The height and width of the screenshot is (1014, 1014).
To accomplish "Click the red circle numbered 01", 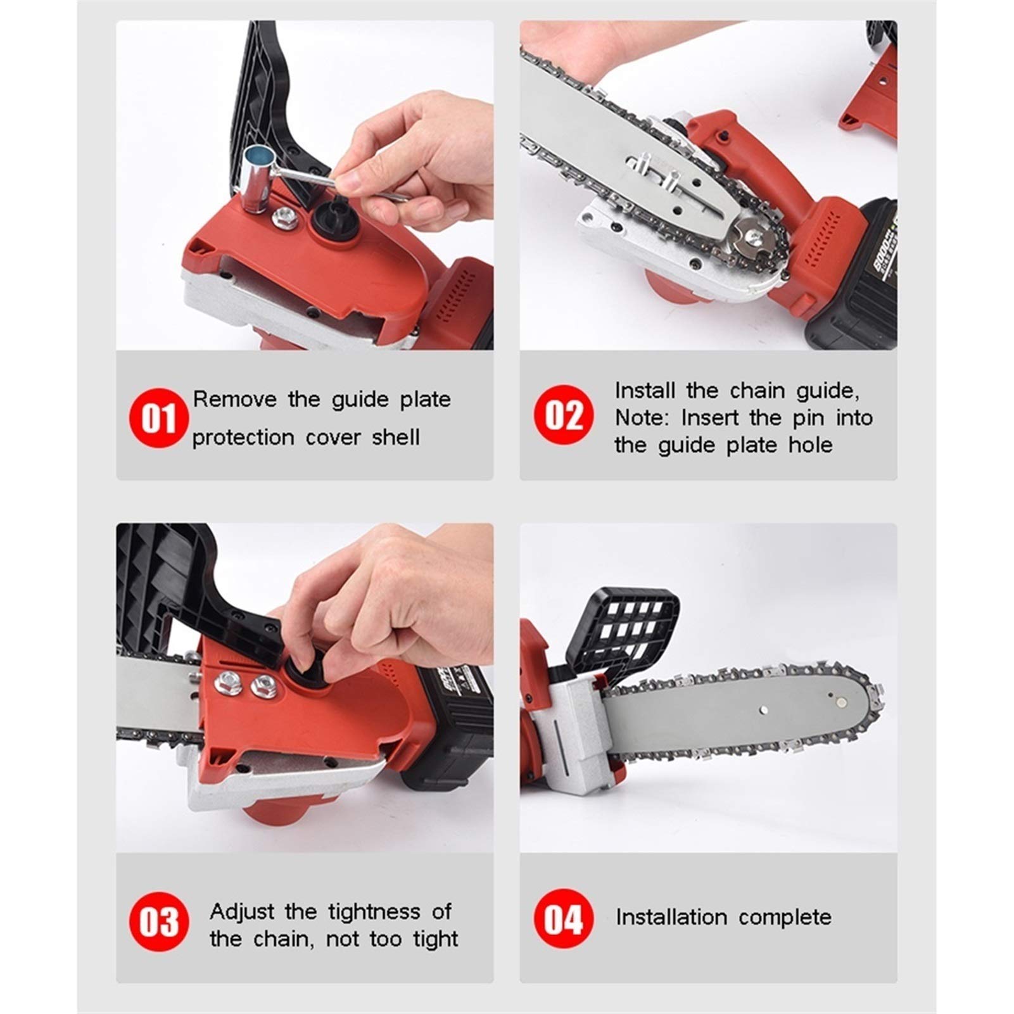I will point(158,419).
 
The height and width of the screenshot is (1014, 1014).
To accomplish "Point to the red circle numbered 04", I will point(563,919).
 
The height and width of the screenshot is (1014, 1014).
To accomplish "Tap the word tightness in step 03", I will point(374,912).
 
